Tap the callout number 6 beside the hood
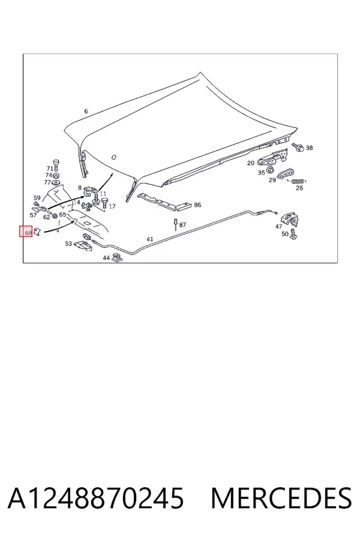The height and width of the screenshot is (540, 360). (x=86, y=111)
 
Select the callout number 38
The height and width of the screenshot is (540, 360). (x=309, y=148)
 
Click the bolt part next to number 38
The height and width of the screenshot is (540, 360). (x=298, y=147)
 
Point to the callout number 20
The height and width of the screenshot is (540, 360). (x=250, y=163)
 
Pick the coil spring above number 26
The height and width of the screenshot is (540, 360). (x=299, y=181)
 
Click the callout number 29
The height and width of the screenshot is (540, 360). (x=272, y=180)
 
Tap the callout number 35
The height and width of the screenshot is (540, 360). (x=261, y=173)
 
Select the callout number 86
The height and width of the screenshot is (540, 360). (x=197, y=205)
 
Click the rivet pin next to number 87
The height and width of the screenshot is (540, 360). (x=175, y=224)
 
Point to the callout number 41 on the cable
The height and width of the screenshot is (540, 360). (x=150, y=239)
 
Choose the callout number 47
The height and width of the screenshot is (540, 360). (x=278, y=226)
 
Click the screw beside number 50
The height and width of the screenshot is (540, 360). (x=293, y=234)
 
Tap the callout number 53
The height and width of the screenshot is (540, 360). (x=68, y=244)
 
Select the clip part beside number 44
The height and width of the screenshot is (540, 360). (x=117, y=257)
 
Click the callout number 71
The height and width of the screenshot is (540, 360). (x=50, y=169)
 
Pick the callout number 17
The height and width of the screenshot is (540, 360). (x=112, y=206)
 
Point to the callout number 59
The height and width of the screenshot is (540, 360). (x=37, y=198)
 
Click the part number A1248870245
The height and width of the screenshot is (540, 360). (x=95, y=498)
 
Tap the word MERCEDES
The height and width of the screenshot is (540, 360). (x=281, y=498)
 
